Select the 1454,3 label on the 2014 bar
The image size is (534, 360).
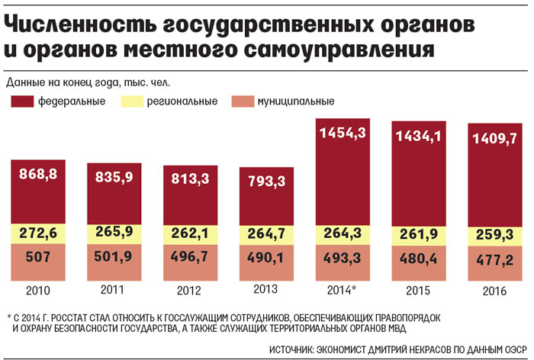click(343, 133)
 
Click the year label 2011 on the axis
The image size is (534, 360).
click(114, 291)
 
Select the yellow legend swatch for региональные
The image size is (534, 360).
click(132, 101)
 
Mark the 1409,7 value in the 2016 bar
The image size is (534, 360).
click(495, 139)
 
